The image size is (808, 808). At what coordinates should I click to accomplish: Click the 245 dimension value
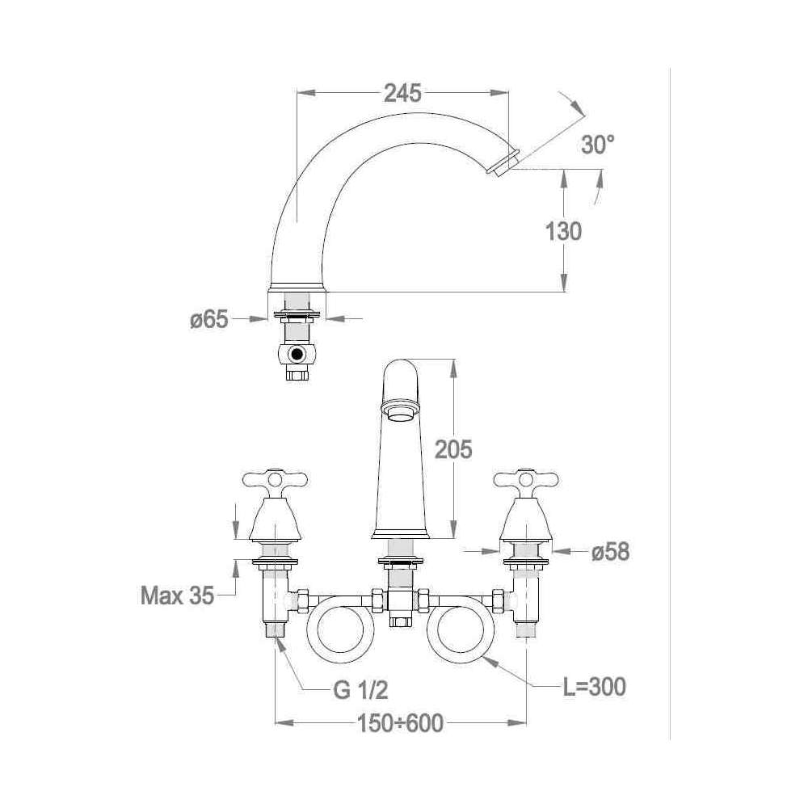[402, 93]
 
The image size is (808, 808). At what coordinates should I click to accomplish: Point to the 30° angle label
[598, 145]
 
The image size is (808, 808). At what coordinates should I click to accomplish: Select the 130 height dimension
[564, 231]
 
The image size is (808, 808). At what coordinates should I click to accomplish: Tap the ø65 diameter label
[208, 319]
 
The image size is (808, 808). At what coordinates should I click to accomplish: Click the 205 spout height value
[453, 449]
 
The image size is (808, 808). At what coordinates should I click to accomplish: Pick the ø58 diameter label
[610, 551]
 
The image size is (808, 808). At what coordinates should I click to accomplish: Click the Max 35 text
[177, 595]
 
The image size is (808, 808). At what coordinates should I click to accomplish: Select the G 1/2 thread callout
[360, 689]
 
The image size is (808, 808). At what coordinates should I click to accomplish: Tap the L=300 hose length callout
[594, 687]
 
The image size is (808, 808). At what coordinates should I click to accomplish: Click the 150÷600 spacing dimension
[401, 723]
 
